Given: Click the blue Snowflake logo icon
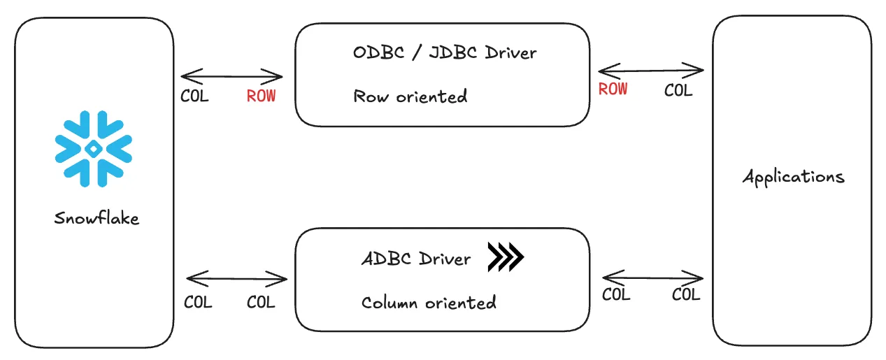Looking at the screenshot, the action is point(93,149).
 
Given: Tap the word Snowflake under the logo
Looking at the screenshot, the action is point(97,217).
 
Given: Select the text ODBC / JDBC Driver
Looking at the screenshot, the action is point(445,52).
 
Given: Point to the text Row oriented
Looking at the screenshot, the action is point(410,96).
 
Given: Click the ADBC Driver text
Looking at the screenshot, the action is point(416,259).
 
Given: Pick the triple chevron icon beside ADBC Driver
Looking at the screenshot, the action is point(506,257).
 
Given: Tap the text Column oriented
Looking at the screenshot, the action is point(429,303).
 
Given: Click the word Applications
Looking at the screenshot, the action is point(794,177).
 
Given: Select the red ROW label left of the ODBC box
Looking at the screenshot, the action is point(261,96).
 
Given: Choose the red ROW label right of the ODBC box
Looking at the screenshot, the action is point(613,89).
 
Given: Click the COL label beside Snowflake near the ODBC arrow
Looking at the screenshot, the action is point(194,96).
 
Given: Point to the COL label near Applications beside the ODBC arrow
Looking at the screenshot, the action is point(678,90).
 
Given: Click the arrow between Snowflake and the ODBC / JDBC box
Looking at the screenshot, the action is point(231,76).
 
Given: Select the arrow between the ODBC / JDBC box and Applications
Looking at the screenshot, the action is point(651,71).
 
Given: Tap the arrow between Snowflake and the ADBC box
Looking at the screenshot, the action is point(236,278).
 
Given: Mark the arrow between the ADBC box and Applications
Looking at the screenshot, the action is point(652,278).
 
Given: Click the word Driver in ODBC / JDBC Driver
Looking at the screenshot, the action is point(510,52).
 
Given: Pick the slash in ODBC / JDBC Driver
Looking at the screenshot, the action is point(417,52).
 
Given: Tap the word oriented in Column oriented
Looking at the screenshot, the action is point(461,303).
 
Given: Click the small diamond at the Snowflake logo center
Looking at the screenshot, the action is point(93,149).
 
